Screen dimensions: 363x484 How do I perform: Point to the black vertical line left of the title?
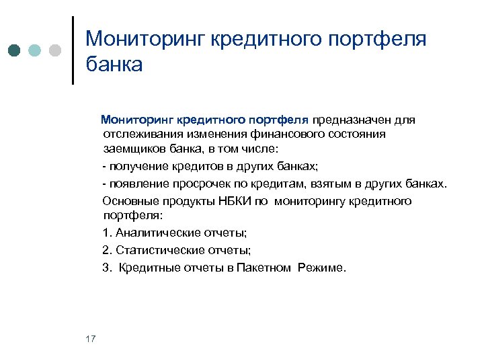coord(73,49)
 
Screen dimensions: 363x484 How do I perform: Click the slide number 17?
coord(91,338)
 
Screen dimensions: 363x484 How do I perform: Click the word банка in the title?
coord(114,65)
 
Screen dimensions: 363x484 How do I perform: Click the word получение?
coord(135,166)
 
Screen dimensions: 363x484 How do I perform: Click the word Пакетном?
coord(264,268)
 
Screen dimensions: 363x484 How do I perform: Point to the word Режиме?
coord(320,268)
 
